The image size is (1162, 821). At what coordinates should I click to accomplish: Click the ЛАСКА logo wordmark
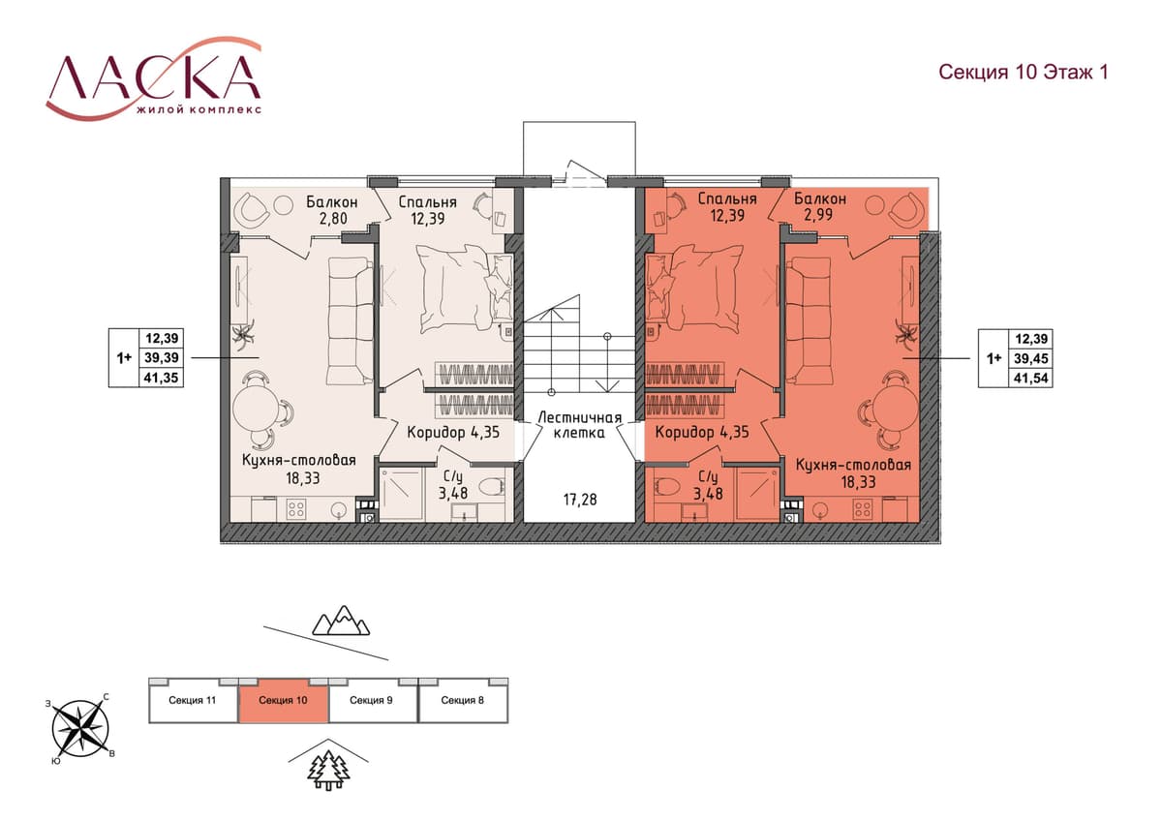point(154,76)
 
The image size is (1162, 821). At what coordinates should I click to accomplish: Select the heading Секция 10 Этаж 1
point(1024,72)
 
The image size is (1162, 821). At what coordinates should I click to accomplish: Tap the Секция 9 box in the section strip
point(373,700)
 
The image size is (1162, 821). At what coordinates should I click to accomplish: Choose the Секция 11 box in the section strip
point(193,700)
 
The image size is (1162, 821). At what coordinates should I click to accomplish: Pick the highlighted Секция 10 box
point(283,700)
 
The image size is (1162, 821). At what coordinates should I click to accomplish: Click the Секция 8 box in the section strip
point(463,700)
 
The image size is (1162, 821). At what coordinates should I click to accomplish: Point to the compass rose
point(80,729)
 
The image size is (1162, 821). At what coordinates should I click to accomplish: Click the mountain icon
point(341,621)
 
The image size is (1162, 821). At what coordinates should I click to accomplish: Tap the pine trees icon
point(328,772)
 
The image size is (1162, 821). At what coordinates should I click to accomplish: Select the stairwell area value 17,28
point(580,500)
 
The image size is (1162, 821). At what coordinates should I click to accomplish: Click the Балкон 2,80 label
point(332,209)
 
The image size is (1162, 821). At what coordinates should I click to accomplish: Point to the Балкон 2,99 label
point(820,206)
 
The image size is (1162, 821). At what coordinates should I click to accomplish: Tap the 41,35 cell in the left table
point(161,378)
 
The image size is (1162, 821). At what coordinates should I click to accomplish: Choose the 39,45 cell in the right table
point(1030,358)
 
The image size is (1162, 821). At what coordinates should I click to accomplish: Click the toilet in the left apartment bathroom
point(491,487)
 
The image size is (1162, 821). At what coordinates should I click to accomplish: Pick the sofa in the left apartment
point(351,321)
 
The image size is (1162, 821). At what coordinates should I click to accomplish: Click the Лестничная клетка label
point(579,425)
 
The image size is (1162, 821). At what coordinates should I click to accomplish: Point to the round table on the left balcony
point(283,204)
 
